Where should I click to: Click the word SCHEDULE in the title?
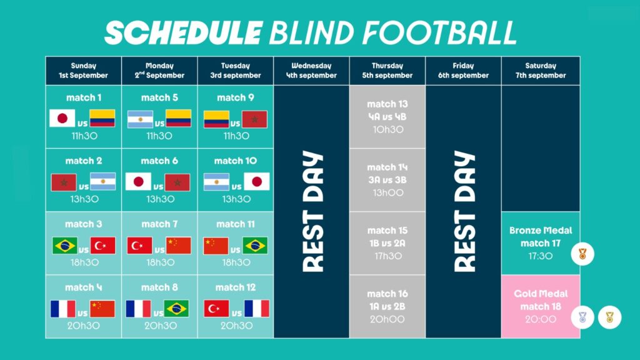(183, 33)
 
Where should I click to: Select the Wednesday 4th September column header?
(311, 71)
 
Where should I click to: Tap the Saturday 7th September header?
(541, 71)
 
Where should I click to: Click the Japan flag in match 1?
(62, 118)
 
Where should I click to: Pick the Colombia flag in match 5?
(178, 118)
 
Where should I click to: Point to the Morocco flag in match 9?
(254, 119)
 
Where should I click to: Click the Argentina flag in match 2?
(102, 182)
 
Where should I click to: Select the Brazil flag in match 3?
(64, 245)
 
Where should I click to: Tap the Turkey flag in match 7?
(139, 245)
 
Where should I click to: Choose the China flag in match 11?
(216, 246)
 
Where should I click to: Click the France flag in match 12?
(257, 309)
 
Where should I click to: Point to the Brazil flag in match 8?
(176, 309)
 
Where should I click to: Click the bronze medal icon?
(582, 254)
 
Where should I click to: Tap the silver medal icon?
(582, 317)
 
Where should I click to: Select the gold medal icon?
(610, 317)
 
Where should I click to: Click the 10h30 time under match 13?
(387, 130)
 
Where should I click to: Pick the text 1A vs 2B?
(387, 306)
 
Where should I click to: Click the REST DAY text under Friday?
(464, 211)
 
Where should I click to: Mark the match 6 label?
(159, 161)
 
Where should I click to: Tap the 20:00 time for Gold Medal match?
(541, 319)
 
